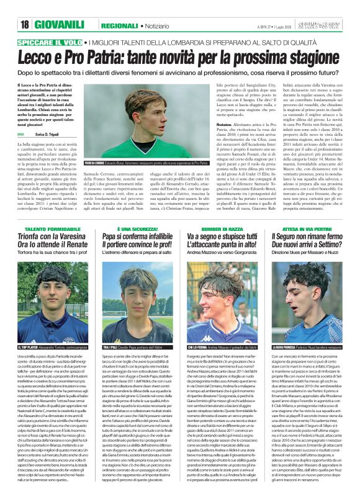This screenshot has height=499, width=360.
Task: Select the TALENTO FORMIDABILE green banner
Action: (52, 212)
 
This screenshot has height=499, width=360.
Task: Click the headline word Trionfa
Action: (32, 219)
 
